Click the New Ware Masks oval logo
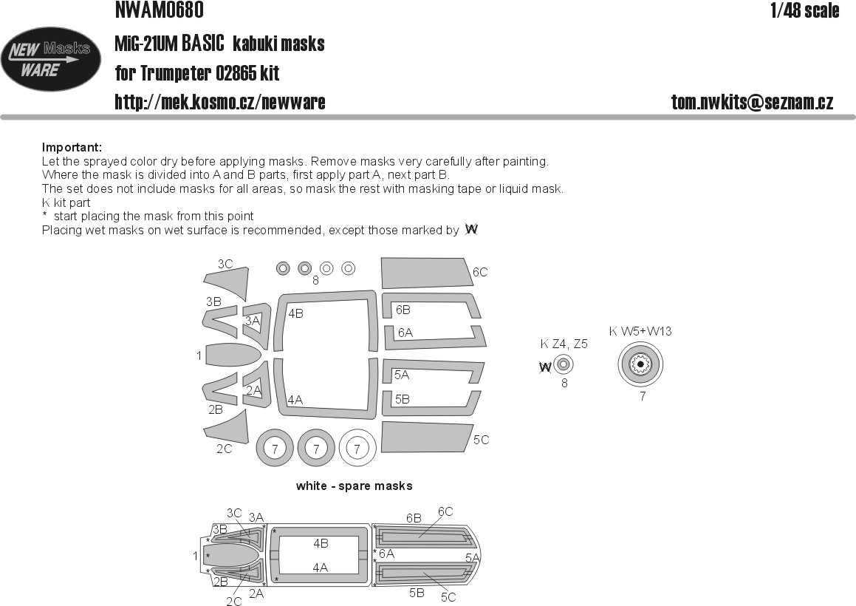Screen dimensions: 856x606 tap(51, 59)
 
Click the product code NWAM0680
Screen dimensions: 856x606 tap(160, 10)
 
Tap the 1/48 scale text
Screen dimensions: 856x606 tap(805, 10)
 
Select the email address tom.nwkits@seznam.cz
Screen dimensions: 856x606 tap(753, 102)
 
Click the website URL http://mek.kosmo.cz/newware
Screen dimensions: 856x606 tap(220, 102)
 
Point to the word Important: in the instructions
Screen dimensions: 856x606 tap(72, 148)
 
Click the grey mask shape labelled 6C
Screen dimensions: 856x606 tap(427, 273)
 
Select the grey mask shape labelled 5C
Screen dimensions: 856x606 tap(427, 438)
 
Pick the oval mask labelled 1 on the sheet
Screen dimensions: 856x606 tap(232, 355)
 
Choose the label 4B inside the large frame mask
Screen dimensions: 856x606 tap(296, 313)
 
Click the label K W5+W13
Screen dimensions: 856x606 tap(640, 331)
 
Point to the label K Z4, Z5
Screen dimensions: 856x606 tap(564, 344)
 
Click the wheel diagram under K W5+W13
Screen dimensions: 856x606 tap(640, 364)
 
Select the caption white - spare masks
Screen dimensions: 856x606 tap(354, 486)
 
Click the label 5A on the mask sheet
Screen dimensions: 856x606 tap(402, 375)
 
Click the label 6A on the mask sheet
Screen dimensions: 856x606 tap(405, 333)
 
